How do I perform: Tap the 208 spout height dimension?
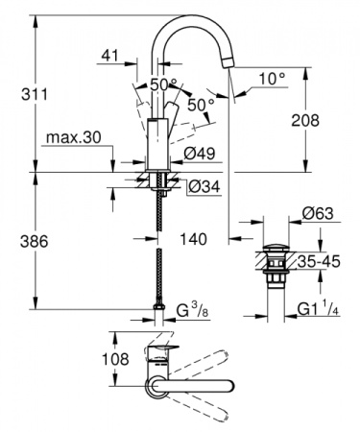point(330,121)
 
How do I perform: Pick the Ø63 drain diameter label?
point(318,213)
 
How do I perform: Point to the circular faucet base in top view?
point(155,386)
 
